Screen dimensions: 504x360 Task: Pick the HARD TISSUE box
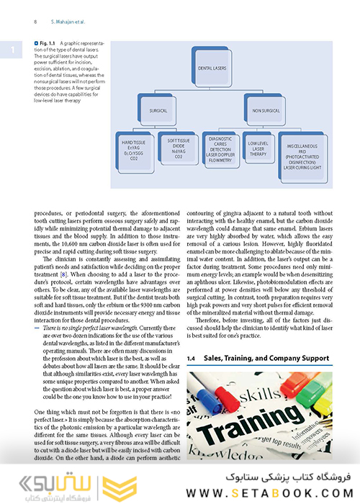[133, 152]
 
